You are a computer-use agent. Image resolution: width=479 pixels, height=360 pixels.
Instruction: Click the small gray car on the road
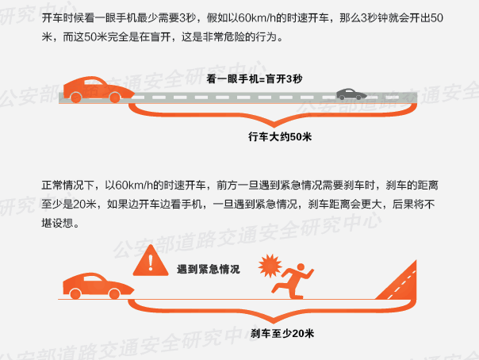[x=351, y=94]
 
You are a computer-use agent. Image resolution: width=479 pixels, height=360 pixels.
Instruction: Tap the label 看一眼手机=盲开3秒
[x=254, y=79]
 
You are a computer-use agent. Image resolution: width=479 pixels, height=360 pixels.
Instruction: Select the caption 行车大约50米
[x=280, y=136]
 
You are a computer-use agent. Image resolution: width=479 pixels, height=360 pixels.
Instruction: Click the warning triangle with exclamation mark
[x=151, y=261]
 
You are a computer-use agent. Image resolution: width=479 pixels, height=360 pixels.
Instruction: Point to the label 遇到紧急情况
[x=209, y=270]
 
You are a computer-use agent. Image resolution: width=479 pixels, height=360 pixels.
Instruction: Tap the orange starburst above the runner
[x=270, y=266]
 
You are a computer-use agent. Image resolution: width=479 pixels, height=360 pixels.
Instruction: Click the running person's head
[x=301, y=267]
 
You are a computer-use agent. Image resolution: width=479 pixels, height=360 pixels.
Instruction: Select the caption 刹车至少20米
[x=282, y=333]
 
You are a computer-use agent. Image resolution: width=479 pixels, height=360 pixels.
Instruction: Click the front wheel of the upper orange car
[x=115, y=98]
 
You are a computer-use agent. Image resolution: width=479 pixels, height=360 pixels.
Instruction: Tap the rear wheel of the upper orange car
[x=76, y=98]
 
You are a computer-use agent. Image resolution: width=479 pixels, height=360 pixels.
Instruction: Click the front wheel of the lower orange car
[x=114, y=294]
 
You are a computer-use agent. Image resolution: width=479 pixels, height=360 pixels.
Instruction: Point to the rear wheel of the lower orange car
[x=75, y=294]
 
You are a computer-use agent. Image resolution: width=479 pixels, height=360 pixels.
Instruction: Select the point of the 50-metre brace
[x=274, y=126]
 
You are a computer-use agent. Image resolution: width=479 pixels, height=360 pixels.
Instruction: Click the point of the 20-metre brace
[x=274, y=322]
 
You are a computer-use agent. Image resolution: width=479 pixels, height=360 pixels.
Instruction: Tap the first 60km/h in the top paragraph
[x=257, y=18]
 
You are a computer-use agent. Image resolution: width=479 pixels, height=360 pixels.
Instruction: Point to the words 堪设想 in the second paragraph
[x=57, y=223]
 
